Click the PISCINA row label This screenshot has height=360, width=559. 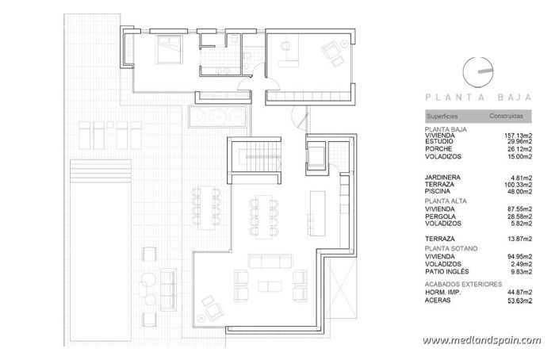[439, 191]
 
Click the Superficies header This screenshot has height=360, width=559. [442, 116]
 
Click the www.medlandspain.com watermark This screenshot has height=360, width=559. [481, 340]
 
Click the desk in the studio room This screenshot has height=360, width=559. [287, 51]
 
